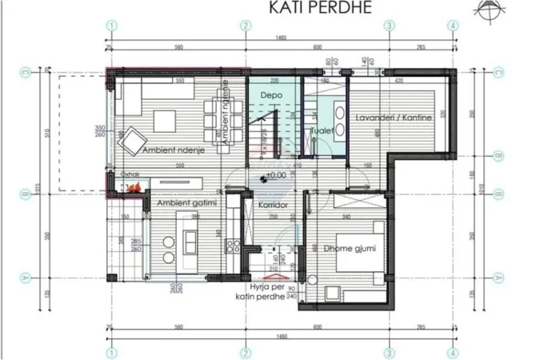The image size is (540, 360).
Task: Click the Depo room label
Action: coord(270,95)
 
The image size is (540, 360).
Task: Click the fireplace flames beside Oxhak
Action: coord(131,187)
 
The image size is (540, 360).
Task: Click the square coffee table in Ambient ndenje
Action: coord(166,120)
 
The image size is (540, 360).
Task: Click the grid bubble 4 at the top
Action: coord(454,25)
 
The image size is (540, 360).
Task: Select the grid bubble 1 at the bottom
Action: coord(112,350)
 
